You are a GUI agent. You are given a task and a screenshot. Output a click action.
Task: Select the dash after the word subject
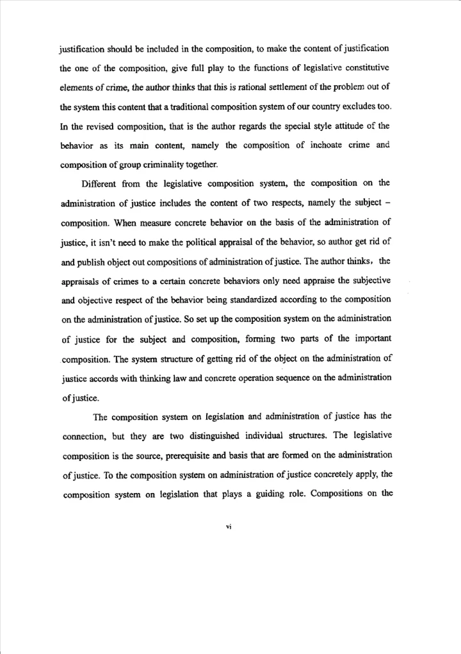pyautogui.click(x=387, y=203)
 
